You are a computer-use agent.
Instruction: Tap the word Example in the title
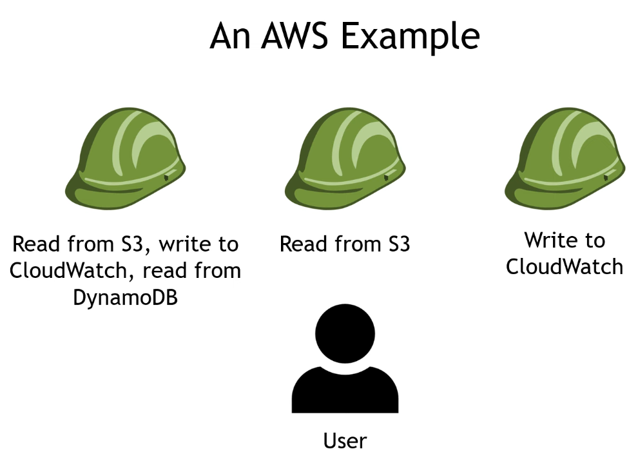[410, 37]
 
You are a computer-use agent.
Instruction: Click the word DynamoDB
[125, 297]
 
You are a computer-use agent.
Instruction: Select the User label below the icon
[345, 441]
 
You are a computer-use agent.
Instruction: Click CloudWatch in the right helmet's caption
[565, 266]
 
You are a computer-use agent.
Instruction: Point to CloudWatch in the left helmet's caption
[72, 271]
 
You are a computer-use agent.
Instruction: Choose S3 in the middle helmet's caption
[395, 245]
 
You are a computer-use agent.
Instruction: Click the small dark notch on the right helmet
[605, 176]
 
